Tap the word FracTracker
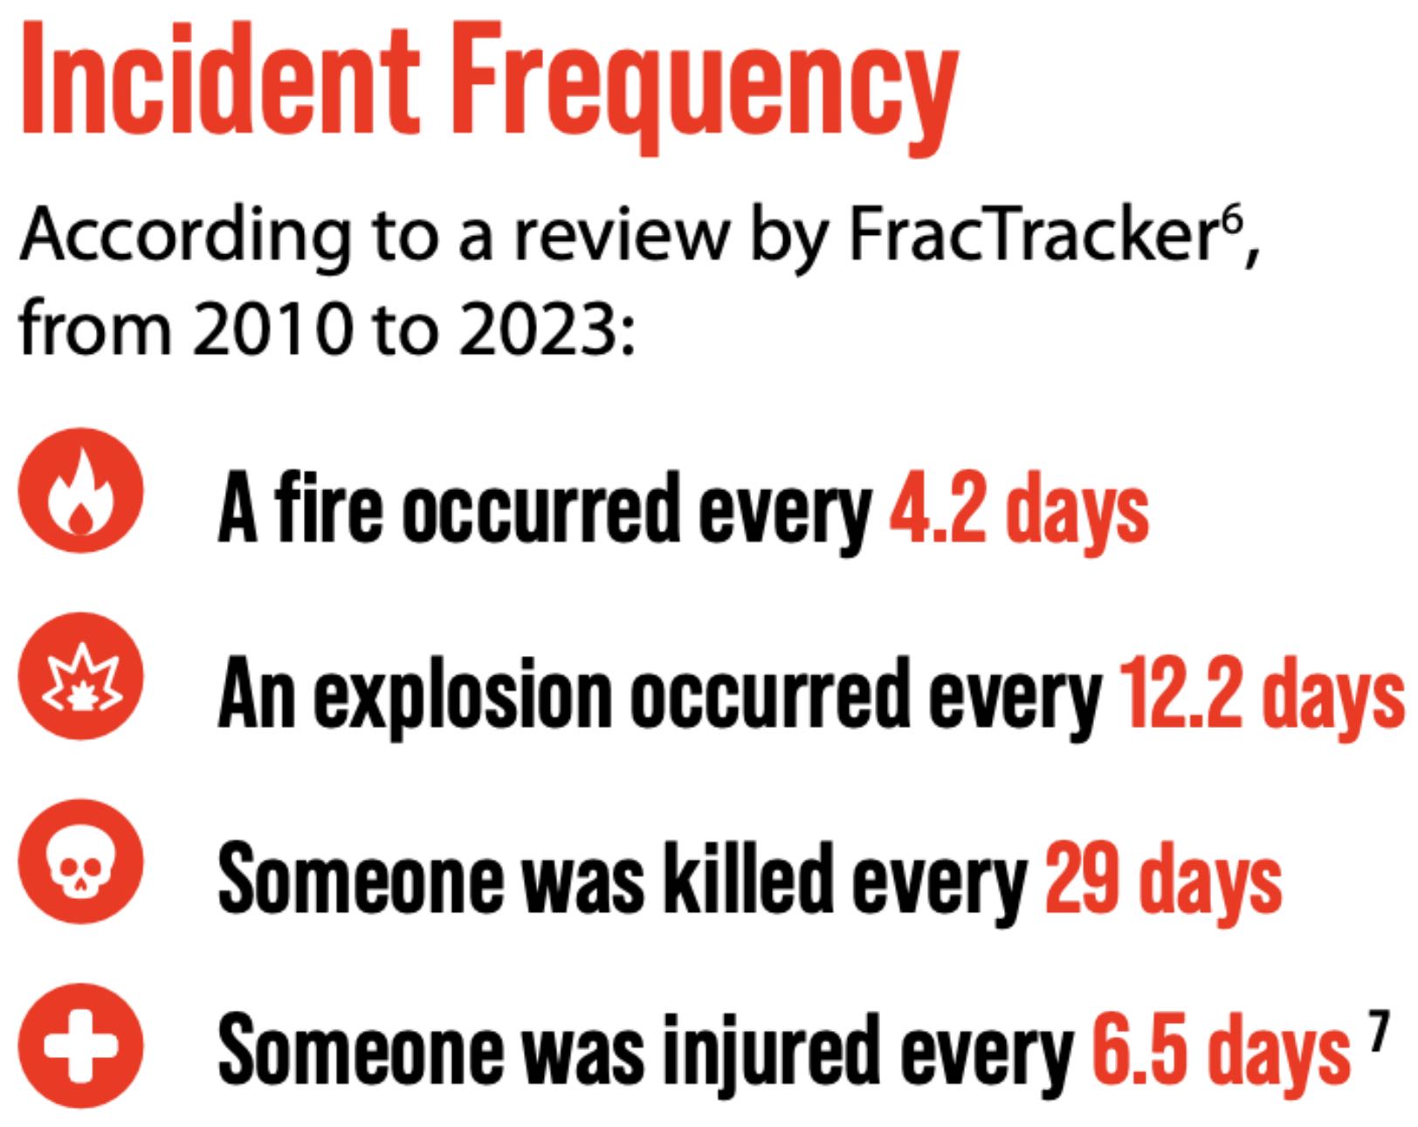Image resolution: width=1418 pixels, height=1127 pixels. [x=1032, y=235]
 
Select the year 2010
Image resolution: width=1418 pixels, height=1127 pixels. [x=270, y=328]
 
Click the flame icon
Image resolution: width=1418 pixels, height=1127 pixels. [x=80, y=491]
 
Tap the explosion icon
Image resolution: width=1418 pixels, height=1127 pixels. [x=80, y=676]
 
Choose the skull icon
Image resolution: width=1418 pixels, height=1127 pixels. [x=80, y=861]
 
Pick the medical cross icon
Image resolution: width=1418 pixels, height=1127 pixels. [x=80, y=1045]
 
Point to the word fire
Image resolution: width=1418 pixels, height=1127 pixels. [x=329, y=507]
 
